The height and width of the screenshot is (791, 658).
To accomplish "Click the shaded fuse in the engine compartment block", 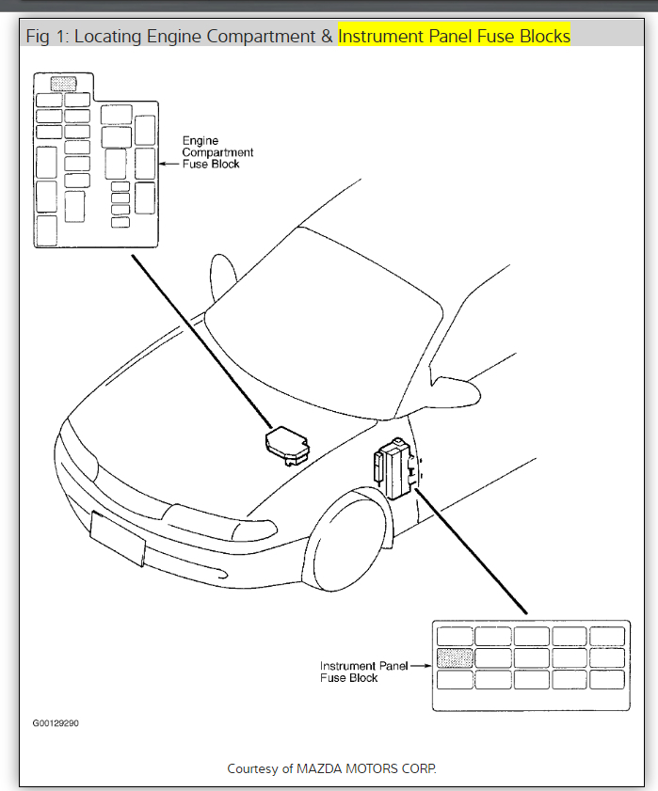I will (x=63, y=84).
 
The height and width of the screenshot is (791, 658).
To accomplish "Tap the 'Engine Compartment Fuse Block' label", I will (x=217, y=152).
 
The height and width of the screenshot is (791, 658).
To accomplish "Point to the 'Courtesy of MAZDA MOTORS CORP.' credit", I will (x=331, y=768).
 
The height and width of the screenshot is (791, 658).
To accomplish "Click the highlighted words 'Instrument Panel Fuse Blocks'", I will (x=455, y=37).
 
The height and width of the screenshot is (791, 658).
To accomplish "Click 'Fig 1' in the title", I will (x=46, y=37).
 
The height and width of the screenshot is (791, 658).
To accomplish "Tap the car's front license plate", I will (x=118, y=539).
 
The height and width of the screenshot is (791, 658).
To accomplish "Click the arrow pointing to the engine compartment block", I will (x=170, y=164).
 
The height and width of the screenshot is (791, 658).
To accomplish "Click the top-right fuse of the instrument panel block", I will (x=606, y=637).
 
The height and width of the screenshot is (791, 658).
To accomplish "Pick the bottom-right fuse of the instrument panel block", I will (x=606, y=679).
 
